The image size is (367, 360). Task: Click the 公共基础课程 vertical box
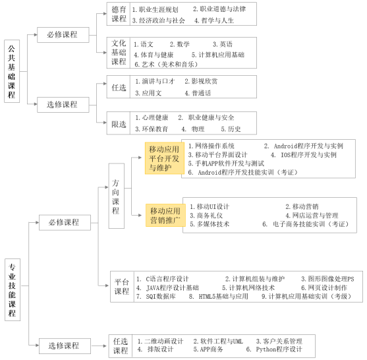point(12,71)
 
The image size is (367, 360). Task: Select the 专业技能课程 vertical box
point(13,289)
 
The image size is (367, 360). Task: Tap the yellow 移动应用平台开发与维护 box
point(164,158)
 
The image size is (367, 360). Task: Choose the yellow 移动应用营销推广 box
point(165,215)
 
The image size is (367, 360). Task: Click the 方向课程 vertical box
point(117,196)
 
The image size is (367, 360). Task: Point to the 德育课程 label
point(119,14)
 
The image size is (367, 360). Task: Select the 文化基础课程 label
point(119,53)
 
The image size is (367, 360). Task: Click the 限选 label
point(119,124)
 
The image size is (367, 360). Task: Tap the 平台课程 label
point(122,287)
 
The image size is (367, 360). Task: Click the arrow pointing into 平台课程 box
point(103,285)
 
